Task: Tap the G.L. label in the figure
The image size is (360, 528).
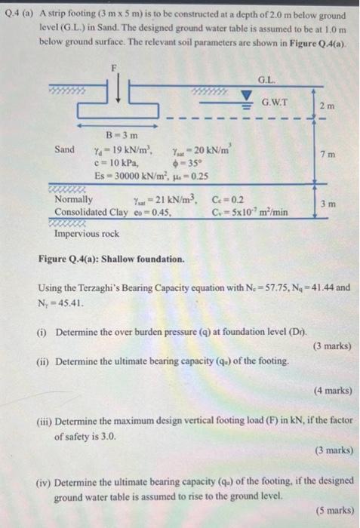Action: click(266, 78)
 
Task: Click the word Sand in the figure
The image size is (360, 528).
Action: click(65, 149)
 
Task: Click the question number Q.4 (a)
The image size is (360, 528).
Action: click(23, 14)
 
